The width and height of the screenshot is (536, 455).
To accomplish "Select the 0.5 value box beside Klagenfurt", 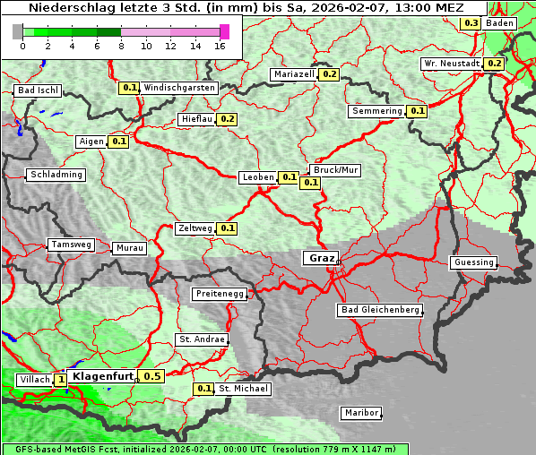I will (151, 376).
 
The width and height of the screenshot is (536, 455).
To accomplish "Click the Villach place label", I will (34, 380).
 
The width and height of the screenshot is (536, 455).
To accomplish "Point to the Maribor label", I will (360, 413).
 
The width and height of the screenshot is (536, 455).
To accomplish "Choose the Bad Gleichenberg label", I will (379, 310).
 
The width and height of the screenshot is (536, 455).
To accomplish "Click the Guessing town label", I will (472, 262).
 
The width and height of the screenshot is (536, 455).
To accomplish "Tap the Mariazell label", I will (294, 74).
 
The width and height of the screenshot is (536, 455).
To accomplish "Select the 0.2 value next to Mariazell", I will (329, 74).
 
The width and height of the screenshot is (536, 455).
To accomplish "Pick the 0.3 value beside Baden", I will (471, 23).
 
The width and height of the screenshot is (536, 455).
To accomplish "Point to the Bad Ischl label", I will (38, 90).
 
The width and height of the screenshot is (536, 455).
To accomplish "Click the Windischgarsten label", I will (179, 88).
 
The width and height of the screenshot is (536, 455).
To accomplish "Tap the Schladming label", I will (56, 175).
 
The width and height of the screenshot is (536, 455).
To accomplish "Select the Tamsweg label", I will (71, 245).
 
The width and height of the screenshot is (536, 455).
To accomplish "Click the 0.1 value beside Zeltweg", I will (227, 228).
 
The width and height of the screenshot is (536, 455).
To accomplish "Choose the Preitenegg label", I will (219, 294).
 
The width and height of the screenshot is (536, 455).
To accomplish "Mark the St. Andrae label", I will (201, 339).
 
